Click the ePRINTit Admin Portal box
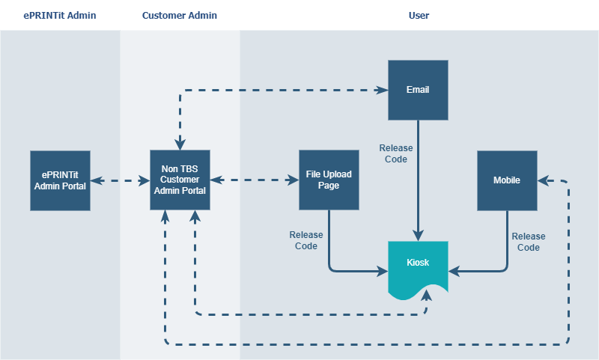point(61,180)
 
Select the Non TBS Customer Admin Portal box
point(180,180)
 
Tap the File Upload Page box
point(329,180)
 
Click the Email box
point(419,90)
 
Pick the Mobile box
point(508,180)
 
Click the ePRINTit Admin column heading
point(60,15)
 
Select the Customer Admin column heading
point(180,15)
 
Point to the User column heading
point(419,15)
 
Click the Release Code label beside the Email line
point(396,153)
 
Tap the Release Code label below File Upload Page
point(306,240)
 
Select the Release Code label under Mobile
point(529,242)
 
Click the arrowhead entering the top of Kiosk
point(419,236)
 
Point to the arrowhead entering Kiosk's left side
point(383,272)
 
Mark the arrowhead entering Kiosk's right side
point(454,272)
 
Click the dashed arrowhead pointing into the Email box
point(383,90)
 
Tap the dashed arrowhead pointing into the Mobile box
point(544,180)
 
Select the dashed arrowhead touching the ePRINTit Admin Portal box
point(97,180)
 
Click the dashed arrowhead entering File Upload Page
point(293,180)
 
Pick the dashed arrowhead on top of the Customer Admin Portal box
point(180,144)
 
